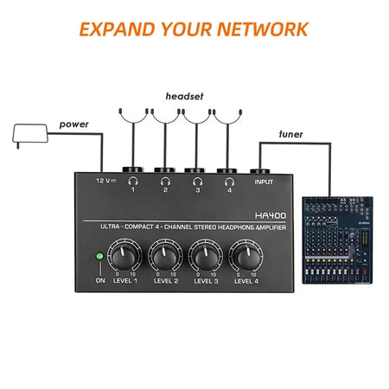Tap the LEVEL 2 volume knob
(165, 256)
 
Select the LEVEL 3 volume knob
(205, 256)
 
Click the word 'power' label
(73, 124)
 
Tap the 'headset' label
(185, 98)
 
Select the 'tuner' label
(291, 134)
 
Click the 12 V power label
(106, 181)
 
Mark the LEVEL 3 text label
(205, 281)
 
